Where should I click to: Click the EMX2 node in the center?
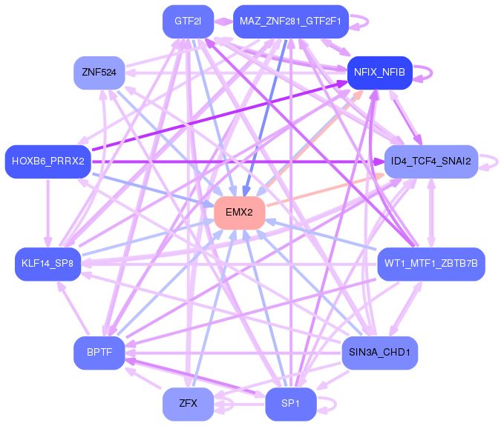240,213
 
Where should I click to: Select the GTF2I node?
189,21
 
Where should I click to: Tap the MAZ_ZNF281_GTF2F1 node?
291,21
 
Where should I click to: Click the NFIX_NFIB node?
379,73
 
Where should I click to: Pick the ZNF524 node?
99,73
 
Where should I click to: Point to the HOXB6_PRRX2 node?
48,162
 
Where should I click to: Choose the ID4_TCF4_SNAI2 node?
431,162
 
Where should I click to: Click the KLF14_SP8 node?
48,264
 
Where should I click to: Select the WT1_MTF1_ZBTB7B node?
431,264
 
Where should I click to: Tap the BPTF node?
99,353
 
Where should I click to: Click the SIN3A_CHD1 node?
379,353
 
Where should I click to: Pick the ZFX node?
189,404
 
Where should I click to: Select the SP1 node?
291,404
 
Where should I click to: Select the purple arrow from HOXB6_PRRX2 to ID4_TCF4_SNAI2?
238,162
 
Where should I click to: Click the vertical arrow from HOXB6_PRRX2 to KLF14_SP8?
48,213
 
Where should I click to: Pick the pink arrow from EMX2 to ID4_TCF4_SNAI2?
325,190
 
